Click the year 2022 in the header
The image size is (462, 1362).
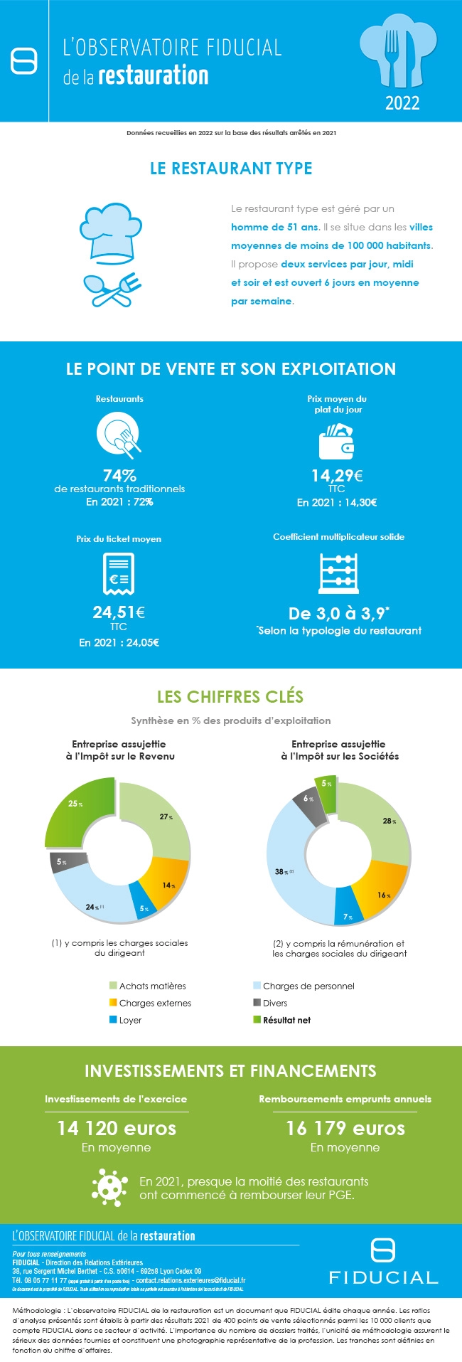[402, 103]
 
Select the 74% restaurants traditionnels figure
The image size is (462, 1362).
[119, 475]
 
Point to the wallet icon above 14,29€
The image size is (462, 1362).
[337, 442]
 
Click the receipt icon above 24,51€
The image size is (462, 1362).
[119, 573]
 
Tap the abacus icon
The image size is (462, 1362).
[338, 573]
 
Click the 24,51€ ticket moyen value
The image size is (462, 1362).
[119, 612]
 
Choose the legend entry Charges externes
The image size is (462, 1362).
[154, 1003]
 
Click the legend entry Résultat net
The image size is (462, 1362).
[286, 1020]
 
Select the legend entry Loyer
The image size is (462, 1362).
[130, 1020]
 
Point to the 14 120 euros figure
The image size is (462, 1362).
[117, 1128]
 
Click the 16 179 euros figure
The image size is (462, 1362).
[345, 1128]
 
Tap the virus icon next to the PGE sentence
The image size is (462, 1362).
[109, 1187]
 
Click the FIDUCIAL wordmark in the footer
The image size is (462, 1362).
[383, 1277]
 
